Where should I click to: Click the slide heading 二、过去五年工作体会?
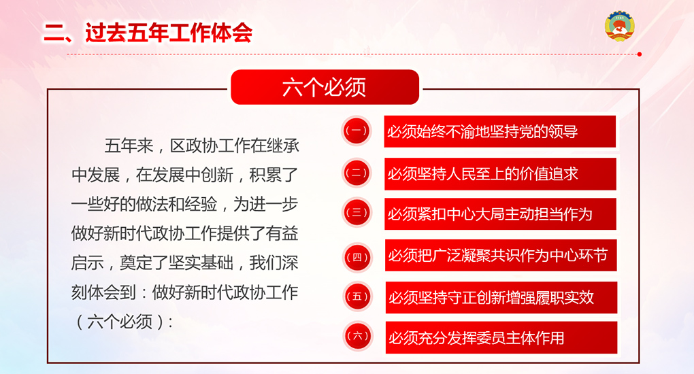[x=148, y=33]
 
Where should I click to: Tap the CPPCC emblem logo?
[x=620, y=26]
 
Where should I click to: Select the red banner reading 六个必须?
[x=325, y=87]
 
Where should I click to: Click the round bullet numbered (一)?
[x=357, y=131]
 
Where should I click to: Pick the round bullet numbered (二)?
[x=357, y=173]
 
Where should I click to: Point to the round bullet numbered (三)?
[x=357, y=212]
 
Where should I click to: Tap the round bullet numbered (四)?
[x=357, y=257]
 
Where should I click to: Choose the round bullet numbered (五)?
[x=357, y=296]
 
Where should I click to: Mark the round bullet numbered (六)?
[x=358, y=336]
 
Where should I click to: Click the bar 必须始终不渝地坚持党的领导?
[x=499, y=131]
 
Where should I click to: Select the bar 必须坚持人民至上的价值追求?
[x=500, y=174]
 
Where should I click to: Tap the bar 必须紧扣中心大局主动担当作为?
[x=500, y=214]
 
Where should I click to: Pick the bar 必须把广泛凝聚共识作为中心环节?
[x=501, y=256]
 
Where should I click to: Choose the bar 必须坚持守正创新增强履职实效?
[x=501, y=297]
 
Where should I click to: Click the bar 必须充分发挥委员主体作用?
[x=501, y=338]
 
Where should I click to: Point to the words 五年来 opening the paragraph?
[x=129, y=146]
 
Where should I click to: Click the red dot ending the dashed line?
[x=639, y=54]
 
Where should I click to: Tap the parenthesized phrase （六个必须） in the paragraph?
[x=120, y=322]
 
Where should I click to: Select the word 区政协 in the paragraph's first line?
[x=195, y=146]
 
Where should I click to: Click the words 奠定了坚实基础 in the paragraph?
[x=176, y=263]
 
